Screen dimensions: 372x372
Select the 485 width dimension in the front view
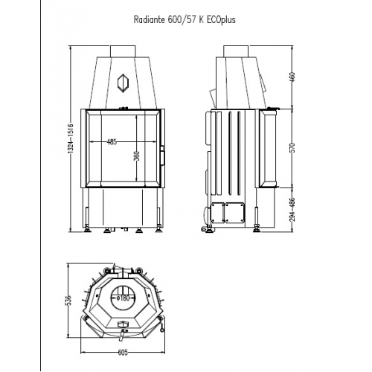(112, 141)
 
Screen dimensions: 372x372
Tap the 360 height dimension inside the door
(137, 156)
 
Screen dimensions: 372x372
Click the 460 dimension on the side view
(292, 77)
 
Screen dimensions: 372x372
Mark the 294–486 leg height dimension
(292, 211)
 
